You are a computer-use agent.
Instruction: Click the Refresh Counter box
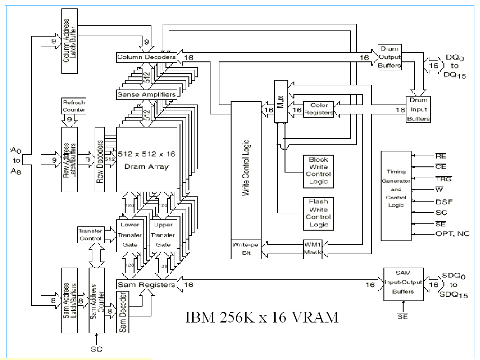(74, 105)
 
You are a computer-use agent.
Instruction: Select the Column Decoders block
(146, 57)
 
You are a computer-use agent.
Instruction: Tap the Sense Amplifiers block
(146, 94)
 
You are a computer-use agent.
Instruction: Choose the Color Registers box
(319, 109)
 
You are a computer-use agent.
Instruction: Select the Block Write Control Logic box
(318, 170)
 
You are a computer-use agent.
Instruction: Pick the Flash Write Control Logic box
(318, 213)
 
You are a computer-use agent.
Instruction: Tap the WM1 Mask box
(312, 248)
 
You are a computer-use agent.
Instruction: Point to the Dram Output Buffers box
(390, 57)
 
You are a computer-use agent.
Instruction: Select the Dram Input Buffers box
(419, 109)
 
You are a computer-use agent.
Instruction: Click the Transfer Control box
(90, 235)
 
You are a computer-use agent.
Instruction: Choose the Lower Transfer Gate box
(131, 235)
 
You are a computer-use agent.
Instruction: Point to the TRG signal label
(443, 179)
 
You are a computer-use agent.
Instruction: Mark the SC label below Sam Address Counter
(96, 350)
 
